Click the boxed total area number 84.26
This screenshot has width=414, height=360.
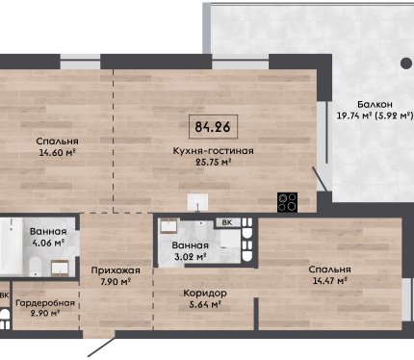[213, 127]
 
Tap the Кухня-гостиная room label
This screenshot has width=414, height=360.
[213, 151]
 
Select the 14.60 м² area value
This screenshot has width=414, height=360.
[58, 152]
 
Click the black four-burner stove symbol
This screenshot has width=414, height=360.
[287, 202]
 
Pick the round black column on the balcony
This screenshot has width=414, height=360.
[406, 64]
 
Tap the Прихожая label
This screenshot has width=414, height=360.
[116, 270]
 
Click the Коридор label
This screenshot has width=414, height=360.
[205, 294]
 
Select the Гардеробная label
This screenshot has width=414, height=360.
[45, 303]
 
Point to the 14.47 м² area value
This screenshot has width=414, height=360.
[330, 281]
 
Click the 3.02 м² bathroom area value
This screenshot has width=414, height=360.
[189, 257]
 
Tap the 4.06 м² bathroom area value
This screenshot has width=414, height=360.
[49, 243]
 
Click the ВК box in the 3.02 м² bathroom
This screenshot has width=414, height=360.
[227, 222]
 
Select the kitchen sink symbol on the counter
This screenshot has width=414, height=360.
[197, 202]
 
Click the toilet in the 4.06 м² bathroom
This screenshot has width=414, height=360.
[36, 267]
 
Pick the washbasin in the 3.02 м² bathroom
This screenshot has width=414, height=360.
[168, 226]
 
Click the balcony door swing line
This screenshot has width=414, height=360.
[321, 180]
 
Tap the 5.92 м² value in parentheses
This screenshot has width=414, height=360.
[394, 116]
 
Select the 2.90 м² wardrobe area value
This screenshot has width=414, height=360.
[45, 313]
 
